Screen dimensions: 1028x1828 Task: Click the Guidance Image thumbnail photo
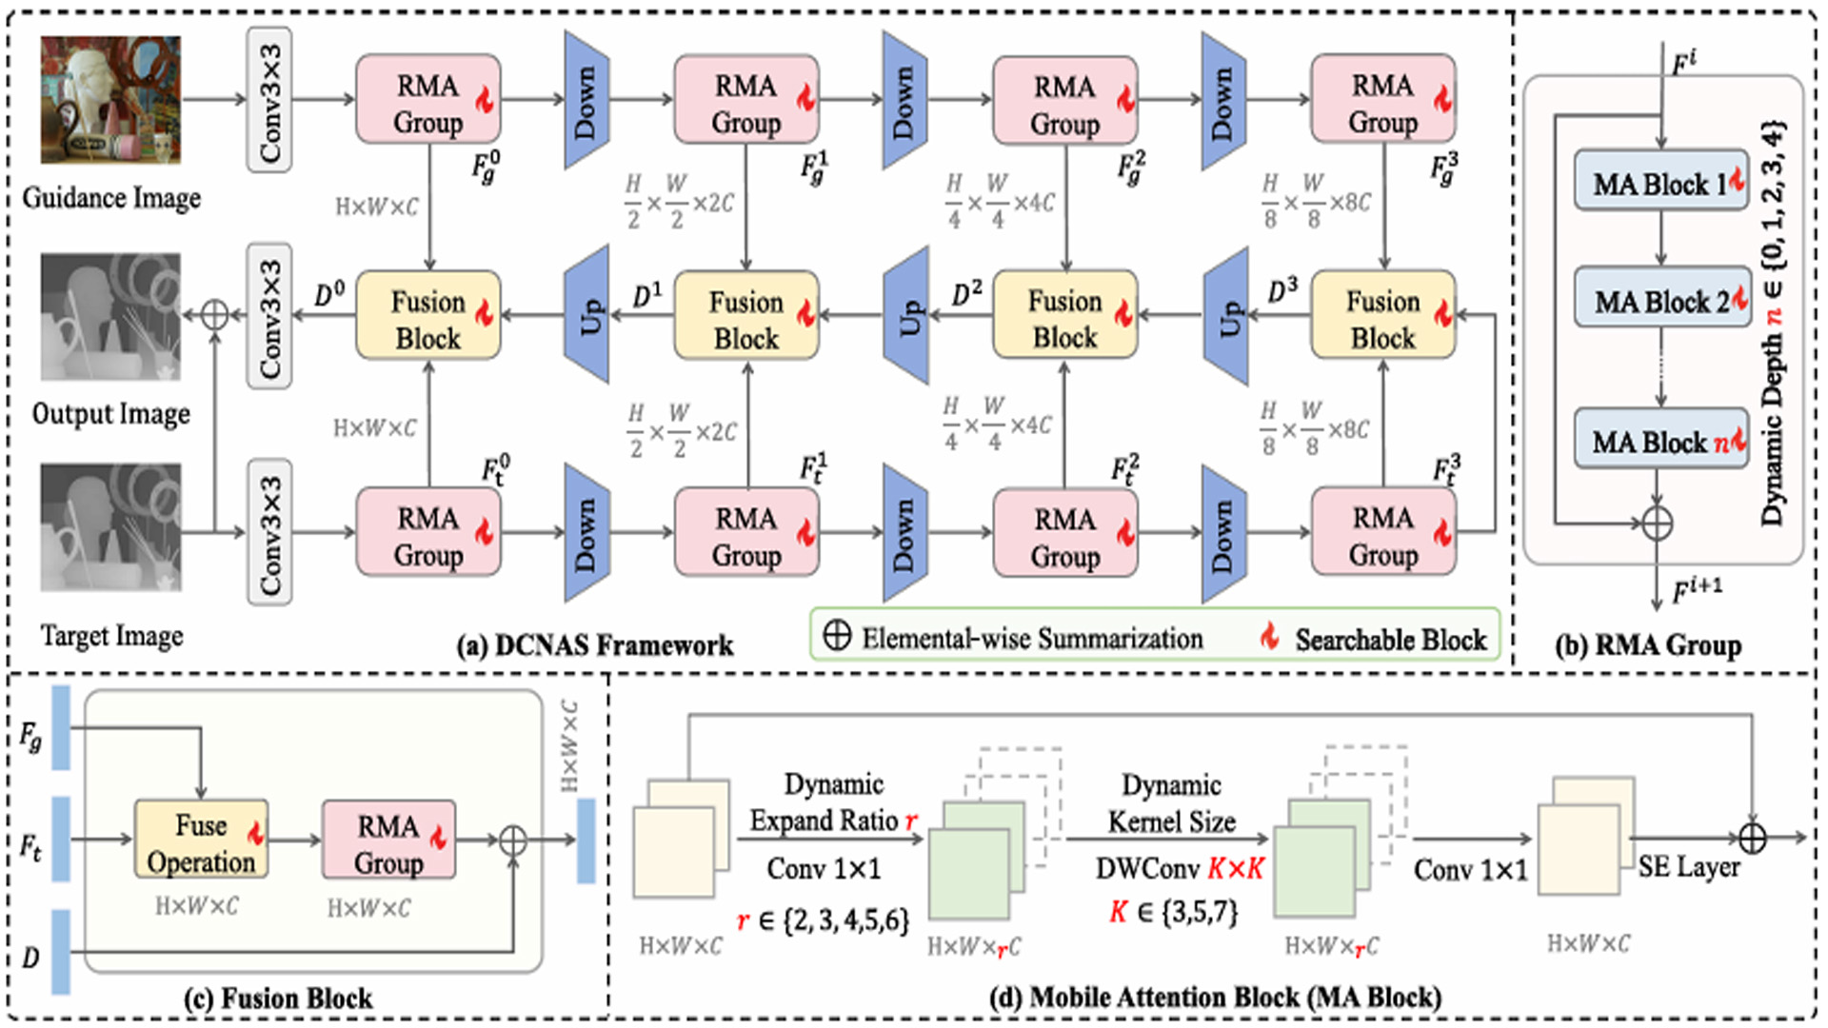click(x=110, y=100)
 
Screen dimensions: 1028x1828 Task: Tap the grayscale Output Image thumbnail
click(x=110, y=316)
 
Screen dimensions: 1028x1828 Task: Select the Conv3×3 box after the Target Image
click(x=269, y=532)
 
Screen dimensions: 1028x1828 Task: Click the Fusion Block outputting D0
click(x=427, y=316)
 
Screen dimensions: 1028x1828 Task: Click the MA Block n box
click(x=1660, y=439)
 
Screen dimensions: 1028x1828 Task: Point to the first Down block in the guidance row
click(x=586, y=100)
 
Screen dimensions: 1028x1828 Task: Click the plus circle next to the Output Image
click(x=215, y=315)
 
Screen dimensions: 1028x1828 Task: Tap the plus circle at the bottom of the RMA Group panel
click(x=1658, y=523)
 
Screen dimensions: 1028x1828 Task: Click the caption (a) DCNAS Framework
click(x=595, y=645)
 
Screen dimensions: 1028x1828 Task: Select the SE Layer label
click(x=1688, y=867)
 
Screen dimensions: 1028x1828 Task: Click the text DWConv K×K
click(x=1179, y=868)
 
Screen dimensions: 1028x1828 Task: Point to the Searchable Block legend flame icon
click(x=1269, y=636)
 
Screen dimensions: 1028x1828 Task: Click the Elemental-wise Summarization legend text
click(x=1032, y=639)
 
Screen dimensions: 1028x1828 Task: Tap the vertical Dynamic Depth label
click(x=1771, y=324)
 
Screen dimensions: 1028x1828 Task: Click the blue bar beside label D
click(x=61, y=952)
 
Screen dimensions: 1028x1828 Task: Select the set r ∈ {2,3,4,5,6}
click(x=824, y=919)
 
